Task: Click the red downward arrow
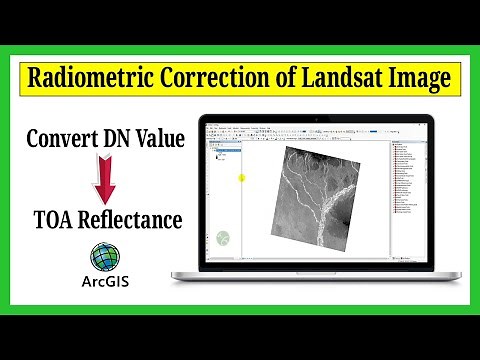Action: click(x=100, y=179)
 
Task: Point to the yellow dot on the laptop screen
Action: click(x=241, y=179)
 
